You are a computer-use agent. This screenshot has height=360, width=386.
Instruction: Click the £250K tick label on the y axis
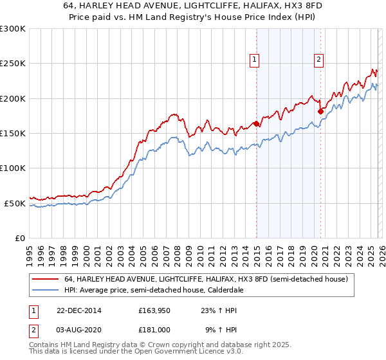(x=13, y=64)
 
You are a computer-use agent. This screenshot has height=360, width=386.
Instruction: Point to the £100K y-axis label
(x=13, y=168)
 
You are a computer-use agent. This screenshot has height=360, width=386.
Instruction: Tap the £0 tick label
(x=19, y=238)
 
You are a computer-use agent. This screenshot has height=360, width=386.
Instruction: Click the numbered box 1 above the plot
(x=255, y=60)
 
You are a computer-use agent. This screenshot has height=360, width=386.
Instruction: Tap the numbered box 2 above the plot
(x=318, y=60)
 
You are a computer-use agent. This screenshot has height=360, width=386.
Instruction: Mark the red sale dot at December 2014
(x=256, y=123)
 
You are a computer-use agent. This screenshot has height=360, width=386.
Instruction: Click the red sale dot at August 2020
(x=320, y=111)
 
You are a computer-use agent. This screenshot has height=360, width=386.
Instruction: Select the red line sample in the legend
(x=45, y=280)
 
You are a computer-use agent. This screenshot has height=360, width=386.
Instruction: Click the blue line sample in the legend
(x=45, y=291)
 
